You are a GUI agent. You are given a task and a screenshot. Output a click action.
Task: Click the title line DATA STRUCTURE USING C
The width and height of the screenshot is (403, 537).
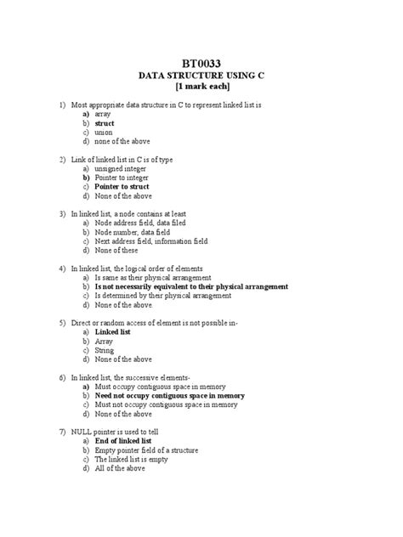pos(201,76)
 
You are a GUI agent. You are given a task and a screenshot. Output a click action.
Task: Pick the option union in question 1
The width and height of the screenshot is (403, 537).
pos(105,133)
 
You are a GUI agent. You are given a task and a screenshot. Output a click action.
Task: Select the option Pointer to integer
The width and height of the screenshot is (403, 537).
pos(122,178)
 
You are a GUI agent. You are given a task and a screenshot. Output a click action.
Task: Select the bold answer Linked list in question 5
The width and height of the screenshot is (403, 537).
pos(111,332)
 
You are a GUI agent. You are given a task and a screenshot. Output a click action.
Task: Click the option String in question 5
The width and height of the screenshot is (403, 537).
pos(104,350)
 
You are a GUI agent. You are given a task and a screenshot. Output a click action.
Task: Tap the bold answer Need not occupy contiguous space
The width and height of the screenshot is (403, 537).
pos(169,395)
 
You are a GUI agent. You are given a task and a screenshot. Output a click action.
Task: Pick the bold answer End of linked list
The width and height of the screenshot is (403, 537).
pos(123,441)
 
